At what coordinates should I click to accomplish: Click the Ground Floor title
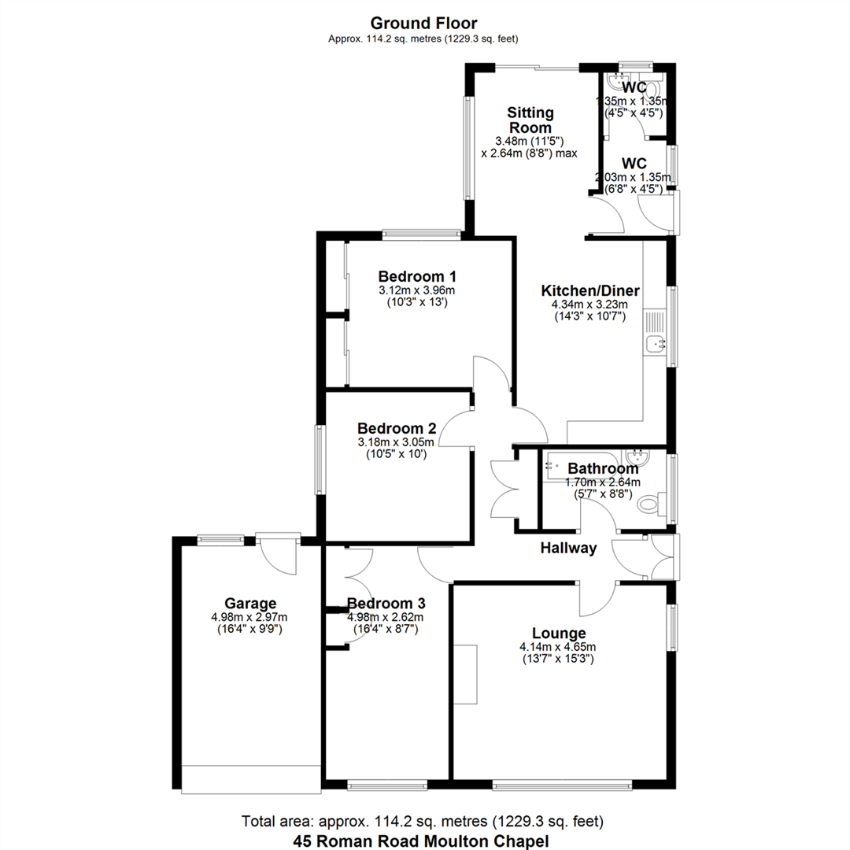[423, 24]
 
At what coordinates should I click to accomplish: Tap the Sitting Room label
[530, 120]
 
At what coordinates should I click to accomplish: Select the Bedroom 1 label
[417, 277]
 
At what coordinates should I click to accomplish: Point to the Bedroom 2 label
[397, 429]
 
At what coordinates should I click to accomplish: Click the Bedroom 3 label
[386, 604]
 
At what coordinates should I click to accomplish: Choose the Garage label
[249, 604]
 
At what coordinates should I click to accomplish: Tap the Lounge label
[559, 634]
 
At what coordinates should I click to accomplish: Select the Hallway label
[568, 549]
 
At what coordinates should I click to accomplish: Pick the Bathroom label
[603, 469]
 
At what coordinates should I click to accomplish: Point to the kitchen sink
[655, 343]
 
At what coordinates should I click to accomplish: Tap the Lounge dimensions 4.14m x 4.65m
[559, 647]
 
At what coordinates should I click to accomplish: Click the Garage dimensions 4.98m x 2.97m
[249, 617]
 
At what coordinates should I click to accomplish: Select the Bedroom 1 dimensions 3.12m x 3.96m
[417, 290]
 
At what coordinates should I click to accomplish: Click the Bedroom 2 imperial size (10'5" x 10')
[397, 454]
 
